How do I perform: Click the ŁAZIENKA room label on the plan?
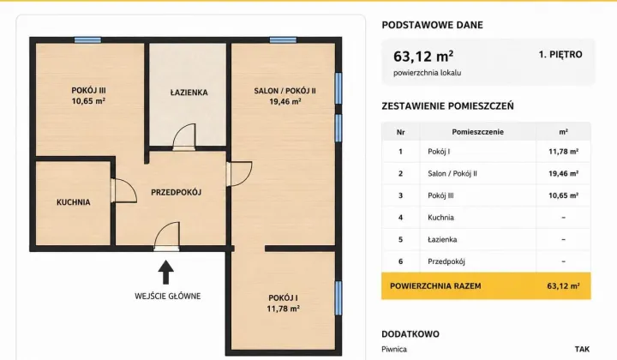(x=189, y=93)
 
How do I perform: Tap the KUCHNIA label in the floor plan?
(x=73, y=202)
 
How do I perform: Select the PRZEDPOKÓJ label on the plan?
(x=177, y=192)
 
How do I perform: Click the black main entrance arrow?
(x=166, y=272)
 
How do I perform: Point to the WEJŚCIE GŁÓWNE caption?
(x=168, y=296)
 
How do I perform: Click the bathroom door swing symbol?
(x=184, y=137)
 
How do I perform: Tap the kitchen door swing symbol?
(x=123, y=191)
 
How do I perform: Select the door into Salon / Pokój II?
(x=239, y=173)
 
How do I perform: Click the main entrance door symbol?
(x=166, y=236)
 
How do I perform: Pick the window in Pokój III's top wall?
(x=87, y=40)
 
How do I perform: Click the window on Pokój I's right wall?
(x=338, y=297)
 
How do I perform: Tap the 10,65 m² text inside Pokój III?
(x=88, y=101)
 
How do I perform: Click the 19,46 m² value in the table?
(x=564, y=173)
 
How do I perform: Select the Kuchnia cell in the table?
(x=440, y=218)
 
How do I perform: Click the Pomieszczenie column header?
(x=477, y=132)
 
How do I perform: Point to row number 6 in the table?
(x=400, y=261)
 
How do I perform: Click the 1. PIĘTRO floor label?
(x=560, y=54)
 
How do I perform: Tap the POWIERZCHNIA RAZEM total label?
(x=435, y=286)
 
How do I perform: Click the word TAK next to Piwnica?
(x=582, y=349)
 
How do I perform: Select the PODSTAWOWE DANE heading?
(x=432, y=25)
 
